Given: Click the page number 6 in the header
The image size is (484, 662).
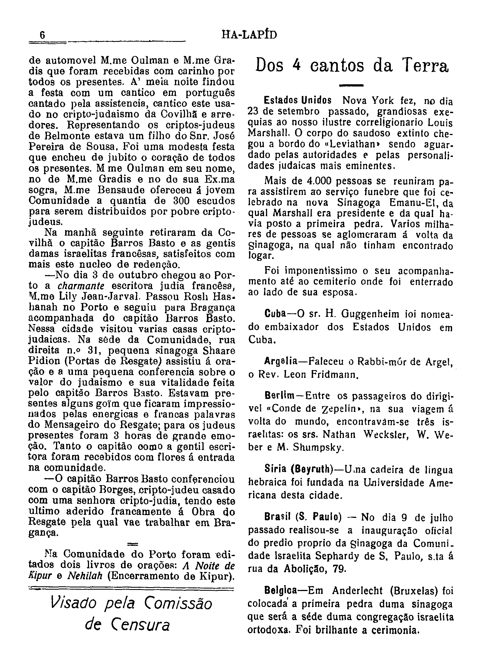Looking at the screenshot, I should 42,35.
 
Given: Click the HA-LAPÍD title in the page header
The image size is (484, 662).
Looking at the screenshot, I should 249,35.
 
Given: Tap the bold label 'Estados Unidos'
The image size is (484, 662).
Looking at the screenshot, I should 298,100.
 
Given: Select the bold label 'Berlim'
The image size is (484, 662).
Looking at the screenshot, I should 279,396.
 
